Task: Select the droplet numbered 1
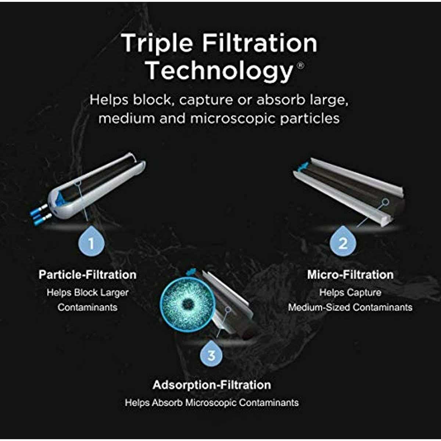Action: (x=91, y=241)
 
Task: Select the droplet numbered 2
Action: (x=343, y=241)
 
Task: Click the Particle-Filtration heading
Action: (x=87, y=275)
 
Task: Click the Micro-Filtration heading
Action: (x=350, y=275)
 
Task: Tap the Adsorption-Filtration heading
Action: (x=212, y=385)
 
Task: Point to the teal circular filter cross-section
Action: (x=187, y=304)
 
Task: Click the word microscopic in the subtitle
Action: (x=232, y=119)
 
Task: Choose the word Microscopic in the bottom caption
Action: (x=211, y=403)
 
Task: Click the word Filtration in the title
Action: (x=260, y=43)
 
